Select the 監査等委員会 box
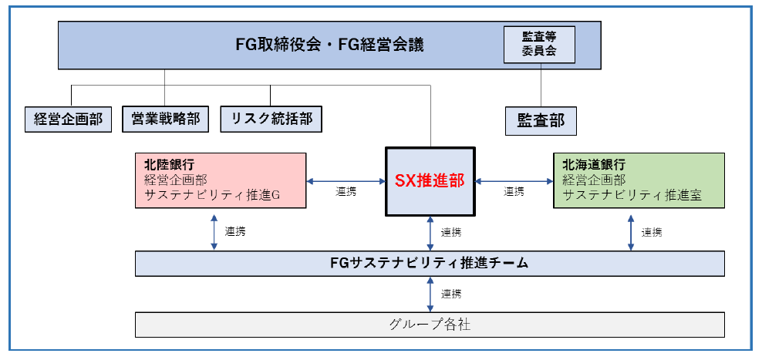tap(539, 45)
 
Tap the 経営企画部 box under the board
tap(68, 119)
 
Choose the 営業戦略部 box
tap(165, 119)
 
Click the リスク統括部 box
tap(271, 119)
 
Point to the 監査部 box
tap(541, 120)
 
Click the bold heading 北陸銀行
tap(169, 164)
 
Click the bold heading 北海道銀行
tap(594, 164)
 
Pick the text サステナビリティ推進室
tap(632, 195)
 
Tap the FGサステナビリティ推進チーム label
tap(429, 263)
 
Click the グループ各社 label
tap(429, 325)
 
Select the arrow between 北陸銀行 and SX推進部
tap(346, 181)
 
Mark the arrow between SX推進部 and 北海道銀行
tap(514, 181)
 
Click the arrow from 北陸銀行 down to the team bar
tap(214, 231)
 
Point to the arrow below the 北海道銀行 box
tap(631, 231)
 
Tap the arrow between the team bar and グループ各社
tap(430, 294)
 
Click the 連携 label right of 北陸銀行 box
tap(346, 192)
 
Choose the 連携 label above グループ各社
tap(451, 294)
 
